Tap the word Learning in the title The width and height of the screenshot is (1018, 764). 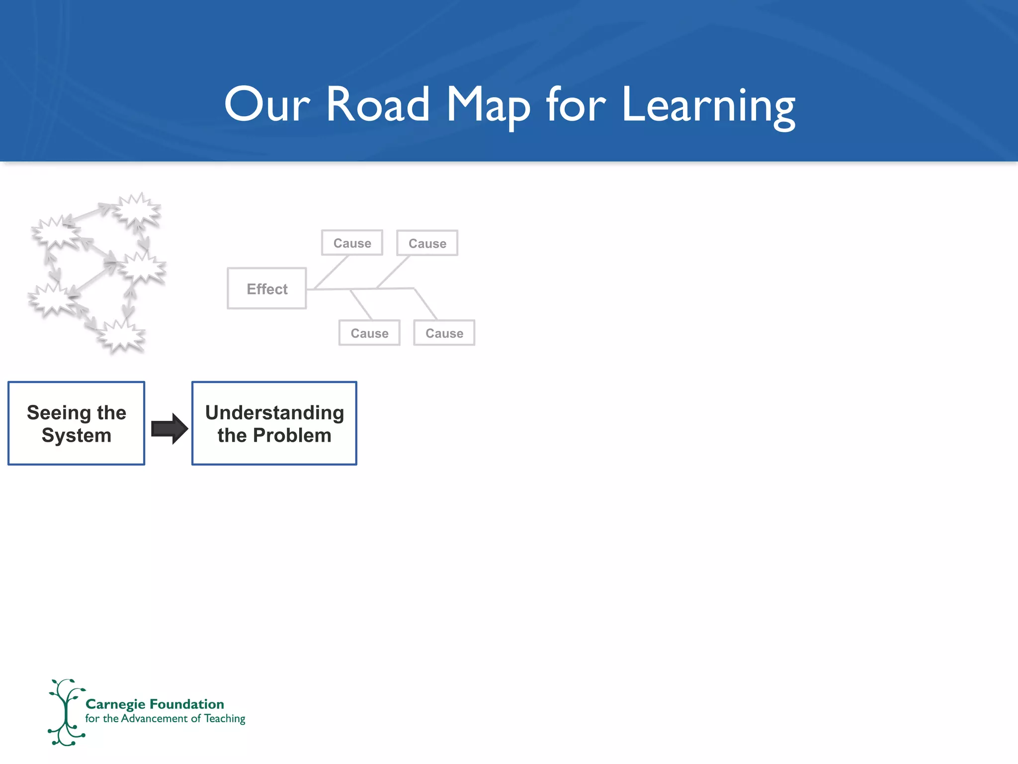click(x=708, y=105)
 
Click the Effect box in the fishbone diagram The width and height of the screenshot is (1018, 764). click(x=267, y=289)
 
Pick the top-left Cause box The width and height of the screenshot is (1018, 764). click(x=352, y=243)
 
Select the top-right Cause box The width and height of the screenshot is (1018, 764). click(x=427, y=243)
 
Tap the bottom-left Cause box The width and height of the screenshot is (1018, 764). click(x=369, y=333)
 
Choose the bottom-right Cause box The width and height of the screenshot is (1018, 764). click(x=444, y=333)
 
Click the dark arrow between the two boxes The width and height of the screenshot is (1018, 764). click(x=169, y=428)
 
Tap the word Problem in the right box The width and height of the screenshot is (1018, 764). click(x=292, y=436)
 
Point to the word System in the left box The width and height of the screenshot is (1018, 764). click(x=77, y=436)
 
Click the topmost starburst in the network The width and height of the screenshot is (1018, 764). click(x=136, y=209)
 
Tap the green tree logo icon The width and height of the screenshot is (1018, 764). click(x=66, y=712)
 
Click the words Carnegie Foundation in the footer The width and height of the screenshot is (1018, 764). click(x=155, y=704)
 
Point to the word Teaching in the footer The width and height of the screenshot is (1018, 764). click(x=225, y=719)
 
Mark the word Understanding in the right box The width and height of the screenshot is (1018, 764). click(x=274, y=413)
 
